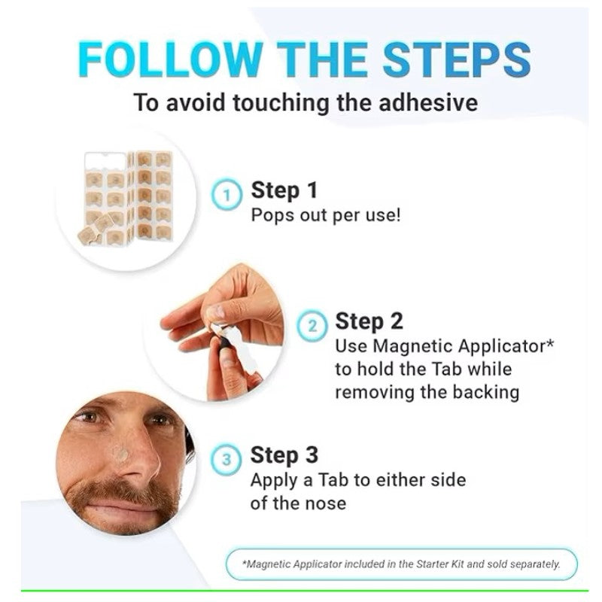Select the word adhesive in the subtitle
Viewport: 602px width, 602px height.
pos(428,102)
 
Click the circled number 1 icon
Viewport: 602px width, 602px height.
pos(227,194)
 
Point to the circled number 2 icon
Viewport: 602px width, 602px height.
pos(312,326)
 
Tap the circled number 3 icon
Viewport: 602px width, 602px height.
pos(227,460)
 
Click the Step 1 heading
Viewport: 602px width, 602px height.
pos(284,190)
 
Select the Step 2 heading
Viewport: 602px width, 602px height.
pos(369,321)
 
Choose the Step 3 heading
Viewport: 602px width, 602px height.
pos(284,455)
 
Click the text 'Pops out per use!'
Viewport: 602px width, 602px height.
pos(326,215)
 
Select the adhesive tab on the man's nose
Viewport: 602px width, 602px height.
pos(121,455)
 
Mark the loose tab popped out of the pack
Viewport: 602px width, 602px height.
pos(87,235)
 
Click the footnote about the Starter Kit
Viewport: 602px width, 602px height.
pos(402,564)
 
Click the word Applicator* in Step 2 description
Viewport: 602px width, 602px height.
pos(506,346)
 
